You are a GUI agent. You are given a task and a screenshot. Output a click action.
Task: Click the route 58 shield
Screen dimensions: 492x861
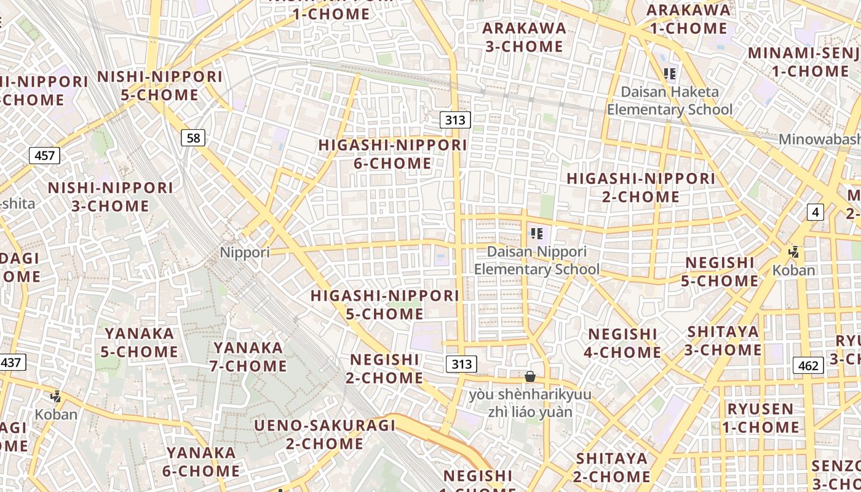coord(193,138)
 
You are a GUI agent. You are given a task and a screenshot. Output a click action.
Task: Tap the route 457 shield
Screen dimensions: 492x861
coord(45,156)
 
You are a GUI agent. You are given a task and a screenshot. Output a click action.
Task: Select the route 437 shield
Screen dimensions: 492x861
coord(10,362)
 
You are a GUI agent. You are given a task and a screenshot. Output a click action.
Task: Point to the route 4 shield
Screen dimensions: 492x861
coord(815,213)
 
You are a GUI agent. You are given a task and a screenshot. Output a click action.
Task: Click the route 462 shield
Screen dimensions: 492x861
coord(808,366)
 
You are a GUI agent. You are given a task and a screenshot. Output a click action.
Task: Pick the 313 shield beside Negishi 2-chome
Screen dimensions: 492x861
coord(461,364)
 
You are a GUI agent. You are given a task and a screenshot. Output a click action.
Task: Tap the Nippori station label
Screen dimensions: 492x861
coord(245,252)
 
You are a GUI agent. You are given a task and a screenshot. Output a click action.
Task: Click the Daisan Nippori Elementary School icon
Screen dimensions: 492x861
coord(537,234)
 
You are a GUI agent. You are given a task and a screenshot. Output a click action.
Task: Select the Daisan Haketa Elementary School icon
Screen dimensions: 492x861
coord(670,74)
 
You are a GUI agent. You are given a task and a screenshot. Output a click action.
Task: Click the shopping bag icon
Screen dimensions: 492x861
coord(530,376)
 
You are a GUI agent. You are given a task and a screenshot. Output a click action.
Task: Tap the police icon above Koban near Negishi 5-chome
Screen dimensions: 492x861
coord(794,252)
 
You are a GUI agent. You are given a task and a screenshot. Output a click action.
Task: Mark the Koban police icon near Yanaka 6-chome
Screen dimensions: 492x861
coord(56,397)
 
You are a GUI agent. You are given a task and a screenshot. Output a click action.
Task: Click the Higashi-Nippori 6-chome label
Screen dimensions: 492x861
coord(393,154)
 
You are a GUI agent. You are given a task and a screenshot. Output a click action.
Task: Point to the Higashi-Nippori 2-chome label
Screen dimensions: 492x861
coord(640,188)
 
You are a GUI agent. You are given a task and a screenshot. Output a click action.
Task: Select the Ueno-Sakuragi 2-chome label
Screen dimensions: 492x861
coord(325,434)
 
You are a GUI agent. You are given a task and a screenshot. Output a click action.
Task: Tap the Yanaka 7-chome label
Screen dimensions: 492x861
coord(249,357)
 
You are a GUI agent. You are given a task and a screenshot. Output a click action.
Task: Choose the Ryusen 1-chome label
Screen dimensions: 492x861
coord(761,418)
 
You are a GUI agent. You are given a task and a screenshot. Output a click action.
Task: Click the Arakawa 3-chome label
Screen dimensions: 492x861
coord(524,37)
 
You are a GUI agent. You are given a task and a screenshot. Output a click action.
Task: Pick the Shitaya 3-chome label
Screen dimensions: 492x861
coord(723,341)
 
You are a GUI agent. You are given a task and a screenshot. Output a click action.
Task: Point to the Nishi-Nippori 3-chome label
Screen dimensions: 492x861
coord(111,197)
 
